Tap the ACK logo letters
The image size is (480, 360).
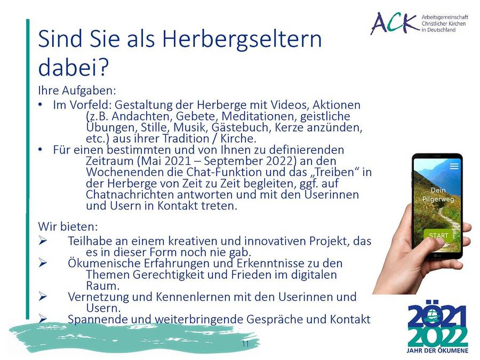click(x=395, y=23)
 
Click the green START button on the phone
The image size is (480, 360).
click(x=438, y=236)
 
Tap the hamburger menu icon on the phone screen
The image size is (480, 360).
click(x=454, y=166)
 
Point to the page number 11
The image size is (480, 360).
click(x=245, y=344)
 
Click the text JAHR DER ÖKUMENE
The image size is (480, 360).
click(x=437, y=350)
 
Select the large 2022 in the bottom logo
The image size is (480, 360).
click(x=438, y=337)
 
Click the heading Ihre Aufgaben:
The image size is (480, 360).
click(x=77, y=91)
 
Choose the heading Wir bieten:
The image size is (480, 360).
click(x=68, y=227)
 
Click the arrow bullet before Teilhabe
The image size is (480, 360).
click(x=43, y=241)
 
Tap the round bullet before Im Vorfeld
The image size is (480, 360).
click(x=40, y=105)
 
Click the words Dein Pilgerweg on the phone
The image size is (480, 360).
click(x=438, y=194)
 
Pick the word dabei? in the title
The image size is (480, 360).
click(x=74, y=67)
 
